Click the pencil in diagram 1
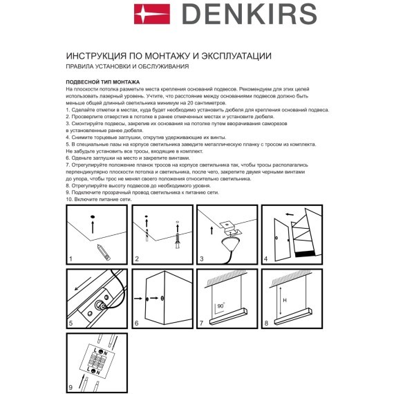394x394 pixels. pos(102,250)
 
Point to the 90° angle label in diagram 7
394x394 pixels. pos(220,306)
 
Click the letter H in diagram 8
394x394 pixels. pos(283,299)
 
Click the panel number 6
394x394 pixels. pos(137,323)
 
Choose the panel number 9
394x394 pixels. pos(71,388)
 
